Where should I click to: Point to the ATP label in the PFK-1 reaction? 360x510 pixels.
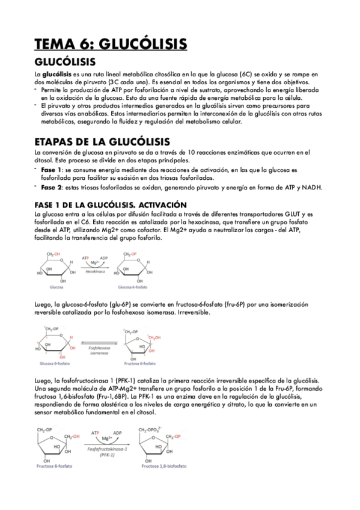96,432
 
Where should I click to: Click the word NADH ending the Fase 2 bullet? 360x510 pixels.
313,187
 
